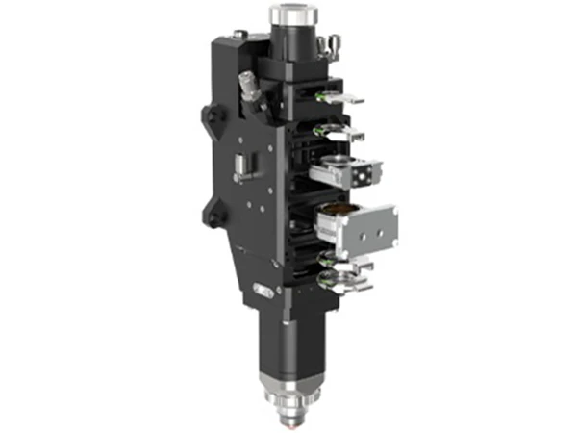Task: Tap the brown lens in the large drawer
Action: click(x=339, y=210)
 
